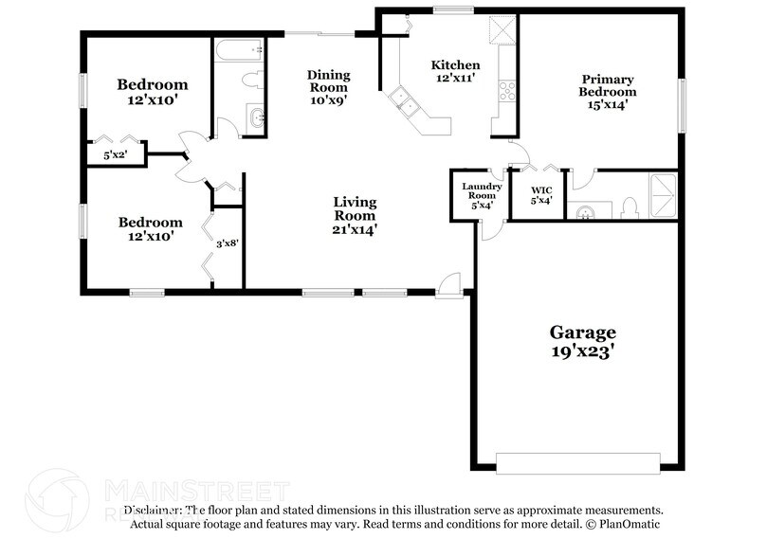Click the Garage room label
point(583,341)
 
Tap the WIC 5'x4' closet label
point(540,193)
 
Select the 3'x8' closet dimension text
point(228,243)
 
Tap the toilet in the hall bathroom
point(253,81)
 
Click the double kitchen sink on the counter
point(405,100)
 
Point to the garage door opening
point(577,463)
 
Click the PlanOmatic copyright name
point(625,524)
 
